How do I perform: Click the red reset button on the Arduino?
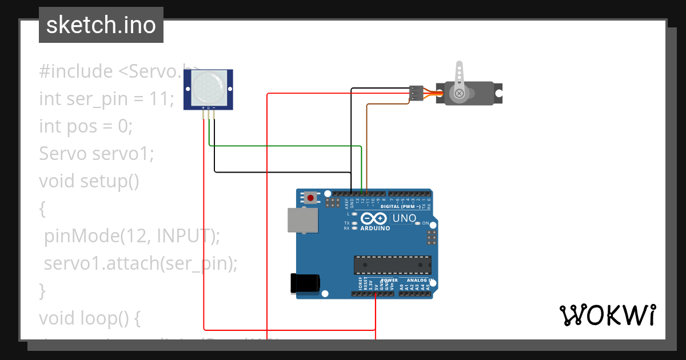[x=310, y=198]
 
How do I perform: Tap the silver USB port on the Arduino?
[x=302, y=221]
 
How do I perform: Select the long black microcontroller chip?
[x=392, y=265]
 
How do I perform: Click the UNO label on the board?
[x=404, y=218]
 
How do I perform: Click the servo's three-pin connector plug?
[x=417, y=93]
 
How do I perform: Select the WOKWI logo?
[x=607, y=315]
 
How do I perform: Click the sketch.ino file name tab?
[x=101, y=25]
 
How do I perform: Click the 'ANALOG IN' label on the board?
[x=420, y=281]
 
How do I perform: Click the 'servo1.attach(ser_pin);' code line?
[x=140, y=263]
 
